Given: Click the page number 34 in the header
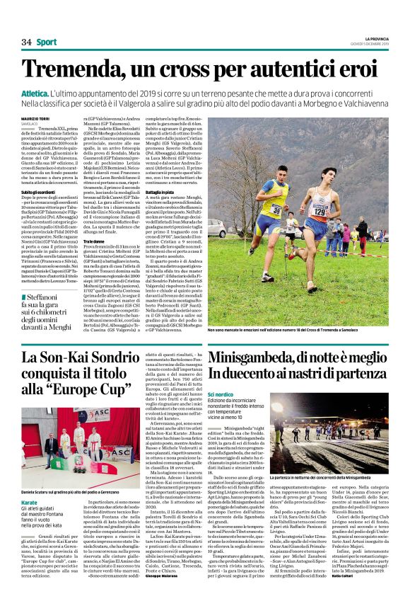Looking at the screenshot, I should pos(27,42).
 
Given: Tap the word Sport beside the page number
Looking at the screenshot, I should pos(47,42).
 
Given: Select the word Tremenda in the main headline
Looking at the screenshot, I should pos(77,71).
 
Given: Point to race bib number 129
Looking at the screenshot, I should pos(320,210).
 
